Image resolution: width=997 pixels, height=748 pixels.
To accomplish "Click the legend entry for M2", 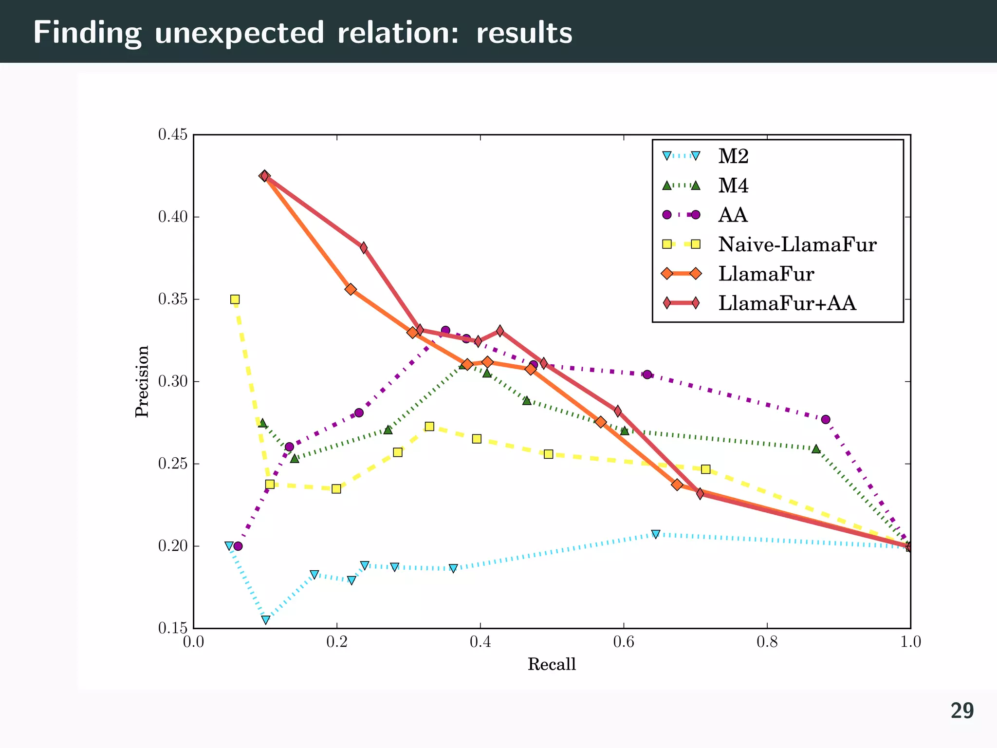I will (x=733, y=156).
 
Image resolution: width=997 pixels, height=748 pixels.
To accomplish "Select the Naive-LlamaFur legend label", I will (x=797, y=244).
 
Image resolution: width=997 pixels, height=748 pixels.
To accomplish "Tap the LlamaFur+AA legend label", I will (x=787, y=303).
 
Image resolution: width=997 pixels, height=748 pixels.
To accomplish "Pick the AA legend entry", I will (x=732, y=215).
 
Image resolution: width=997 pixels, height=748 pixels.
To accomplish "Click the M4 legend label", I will (x=733, y=186).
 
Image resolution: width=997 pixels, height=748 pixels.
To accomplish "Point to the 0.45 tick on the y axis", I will (x=173, y=135).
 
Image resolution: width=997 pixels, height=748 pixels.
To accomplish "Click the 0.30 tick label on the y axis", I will (x=173, y=382).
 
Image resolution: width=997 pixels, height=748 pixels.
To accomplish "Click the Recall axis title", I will (x=552, y=664).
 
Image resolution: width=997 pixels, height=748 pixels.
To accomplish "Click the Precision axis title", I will (x=142, y=381).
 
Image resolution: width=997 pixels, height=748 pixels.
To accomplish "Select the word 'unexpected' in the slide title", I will (x=240, y=33).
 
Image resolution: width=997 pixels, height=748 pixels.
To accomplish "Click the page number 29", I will (x=962, y=711).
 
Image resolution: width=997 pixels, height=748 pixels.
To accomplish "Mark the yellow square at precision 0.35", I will (x=235, y=299).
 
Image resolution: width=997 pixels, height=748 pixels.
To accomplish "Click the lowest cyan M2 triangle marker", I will (x=265, y=619).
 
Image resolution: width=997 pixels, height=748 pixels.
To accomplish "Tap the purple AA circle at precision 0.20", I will (x=238, y=546).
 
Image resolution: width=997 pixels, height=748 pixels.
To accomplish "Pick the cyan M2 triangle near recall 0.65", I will (x=656, y=534).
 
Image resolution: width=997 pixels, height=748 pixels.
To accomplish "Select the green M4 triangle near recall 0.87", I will (x=816, y=449).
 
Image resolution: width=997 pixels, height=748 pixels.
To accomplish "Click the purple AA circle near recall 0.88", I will (x=825, y=419).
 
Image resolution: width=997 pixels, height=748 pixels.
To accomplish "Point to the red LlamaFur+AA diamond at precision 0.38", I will (x=364, y=248).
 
